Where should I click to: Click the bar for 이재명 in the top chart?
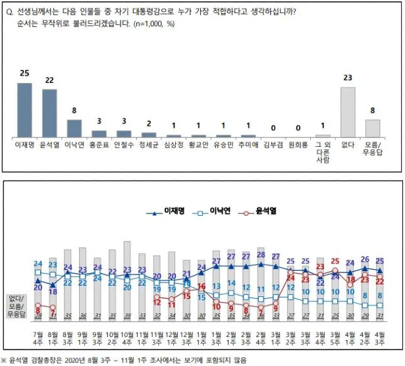tap(24, 109)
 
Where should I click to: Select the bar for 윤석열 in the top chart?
tap(49, 113)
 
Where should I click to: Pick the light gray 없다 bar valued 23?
tap(348, 111)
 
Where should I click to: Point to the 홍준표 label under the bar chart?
tap(99, 143)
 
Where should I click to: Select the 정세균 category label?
tap(149, 143)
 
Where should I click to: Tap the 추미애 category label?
tap(248, 143)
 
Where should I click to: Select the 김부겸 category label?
tap(273, 143)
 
